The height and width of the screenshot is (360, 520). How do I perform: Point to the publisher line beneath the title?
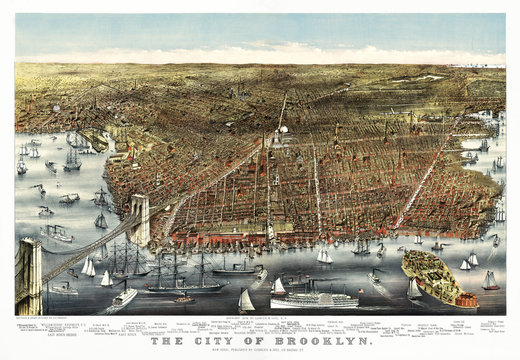coord(261,353)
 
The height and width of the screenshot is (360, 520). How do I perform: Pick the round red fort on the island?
coord(466,298)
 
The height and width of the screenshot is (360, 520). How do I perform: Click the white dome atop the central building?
coord(282,129)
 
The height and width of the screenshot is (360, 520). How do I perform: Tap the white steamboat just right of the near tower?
coord(124,295)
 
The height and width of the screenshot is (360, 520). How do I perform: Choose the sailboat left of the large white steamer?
coord(246,300)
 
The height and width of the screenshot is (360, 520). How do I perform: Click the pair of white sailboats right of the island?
coord(469,261)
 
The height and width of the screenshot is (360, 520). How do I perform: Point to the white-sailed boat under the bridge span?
coord(88,268)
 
